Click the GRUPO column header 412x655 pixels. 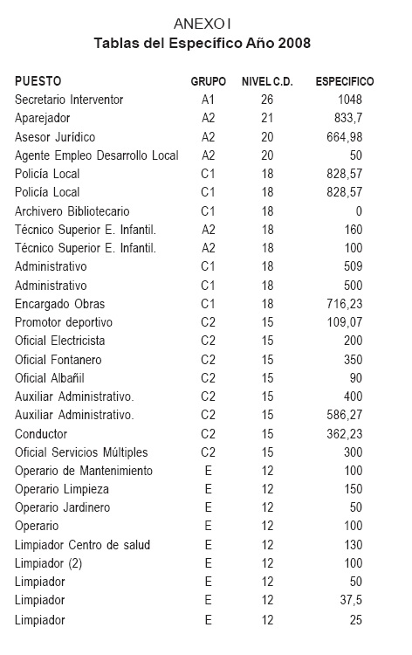(x=208, y=81)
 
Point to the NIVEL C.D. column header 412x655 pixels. (x=267, y=81)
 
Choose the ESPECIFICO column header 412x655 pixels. (x=345, y=81)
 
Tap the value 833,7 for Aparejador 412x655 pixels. (x=346, y=118)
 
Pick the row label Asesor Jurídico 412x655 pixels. (x=55, y=137)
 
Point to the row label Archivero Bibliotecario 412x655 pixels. (x=72, y=210)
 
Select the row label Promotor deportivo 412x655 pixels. (x=64, y=321)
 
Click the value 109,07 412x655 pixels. (x=342, y=321)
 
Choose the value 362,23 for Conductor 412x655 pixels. (x=342, y=433)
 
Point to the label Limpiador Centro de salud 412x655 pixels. (x=83, y=545)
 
